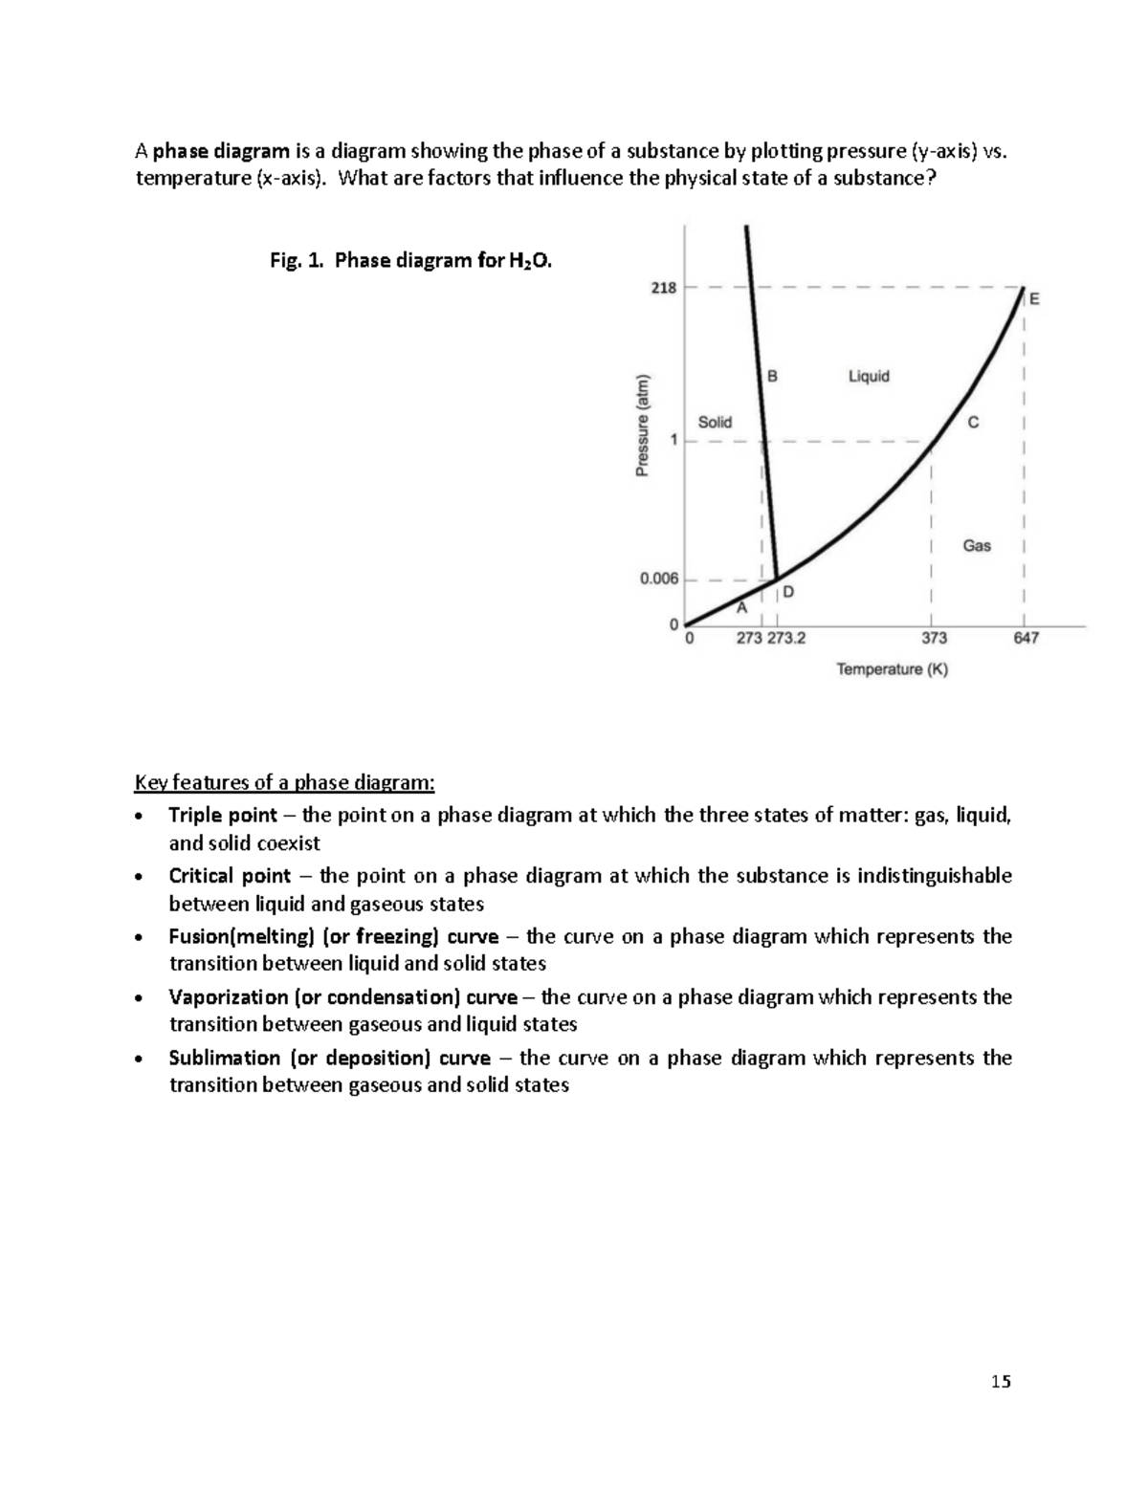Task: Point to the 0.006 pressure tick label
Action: [x=659, y=579]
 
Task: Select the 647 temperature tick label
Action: [x=1026, y=638]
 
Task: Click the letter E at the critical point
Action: [x=1033, y=299]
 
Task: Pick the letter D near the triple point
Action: [x=788, y=592]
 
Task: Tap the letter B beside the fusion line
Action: [x=772, y=377]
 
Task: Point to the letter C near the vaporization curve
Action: [x=973, y=423]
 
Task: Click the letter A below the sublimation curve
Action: [x=741, y=608]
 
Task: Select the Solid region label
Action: [x=715, y=422]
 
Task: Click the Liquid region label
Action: [x=869, y=377]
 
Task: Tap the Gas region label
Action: [x=977, y=546]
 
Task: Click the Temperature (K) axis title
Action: [x=892, y=669]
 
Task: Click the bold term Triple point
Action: [x=223, y=816]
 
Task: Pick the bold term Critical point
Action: [x=230, y=876]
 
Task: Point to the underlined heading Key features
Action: [x=284, y=783]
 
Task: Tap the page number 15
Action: [x=1001, y=1381]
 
